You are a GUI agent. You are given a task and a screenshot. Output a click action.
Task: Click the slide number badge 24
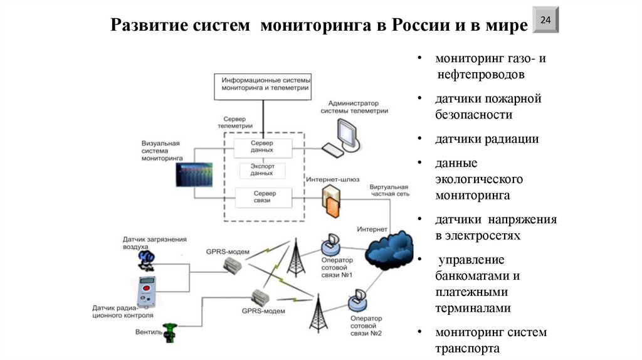coord(545,21)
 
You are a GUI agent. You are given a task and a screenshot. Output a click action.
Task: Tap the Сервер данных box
coord(262,148)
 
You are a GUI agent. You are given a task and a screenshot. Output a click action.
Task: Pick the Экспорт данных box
coord(262,171)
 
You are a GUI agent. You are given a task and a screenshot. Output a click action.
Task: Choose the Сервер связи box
coord(262,197)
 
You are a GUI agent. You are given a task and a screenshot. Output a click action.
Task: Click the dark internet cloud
coord(389,247)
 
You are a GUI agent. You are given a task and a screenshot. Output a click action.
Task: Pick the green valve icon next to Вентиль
coord(170,332)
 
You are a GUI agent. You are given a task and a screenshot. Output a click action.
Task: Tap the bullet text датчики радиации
coord(487,139)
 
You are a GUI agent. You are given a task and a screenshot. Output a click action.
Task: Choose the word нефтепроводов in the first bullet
coord(481,75)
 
